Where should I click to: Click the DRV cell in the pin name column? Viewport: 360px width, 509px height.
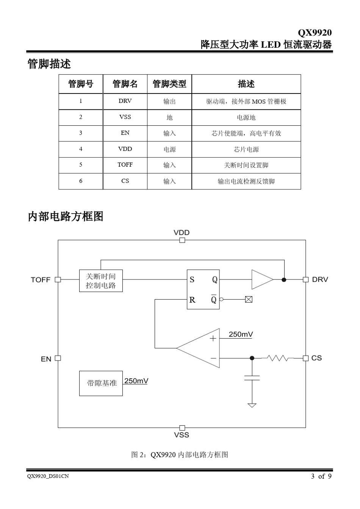coord(125,101)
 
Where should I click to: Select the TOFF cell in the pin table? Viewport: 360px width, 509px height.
coord(125,165)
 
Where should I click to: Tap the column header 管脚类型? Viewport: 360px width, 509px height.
coord(169,84)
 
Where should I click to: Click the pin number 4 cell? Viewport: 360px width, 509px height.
coord(81,149)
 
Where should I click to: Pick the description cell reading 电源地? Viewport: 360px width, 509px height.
coord(246,117)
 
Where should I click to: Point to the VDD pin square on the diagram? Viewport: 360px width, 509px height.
coord(182,240)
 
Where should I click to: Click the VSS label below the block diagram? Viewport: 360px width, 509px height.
coord(182,435)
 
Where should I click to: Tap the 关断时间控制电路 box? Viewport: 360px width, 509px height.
coord(101,281)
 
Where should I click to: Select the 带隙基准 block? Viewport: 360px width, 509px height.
coord(101,383)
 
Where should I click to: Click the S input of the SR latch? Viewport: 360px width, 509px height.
coord(192,280)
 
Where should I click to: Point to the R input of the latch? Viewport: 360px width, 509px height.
coord(192,300)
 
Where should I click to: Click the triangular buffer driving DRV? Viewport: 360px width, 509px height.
coord(261,280)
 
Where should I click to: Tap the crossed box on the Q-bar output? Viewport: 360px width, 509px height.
coord(249,300)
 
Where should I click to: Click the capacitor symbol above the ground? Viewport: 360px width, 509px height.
coord(252,378)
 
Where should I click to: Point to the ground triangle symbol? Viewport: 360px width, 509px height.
coord(252,405)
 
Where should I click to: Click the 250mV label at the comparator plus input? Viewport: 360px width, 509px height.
coord(241,334)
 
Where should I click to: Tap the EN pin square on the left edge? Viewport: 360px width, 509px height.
coord(58,358)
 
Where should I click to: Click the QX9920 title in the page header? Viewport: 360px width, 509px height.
coord(315,33)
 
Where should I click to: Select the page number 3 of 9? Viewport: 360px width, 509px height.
coord(321,476)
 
